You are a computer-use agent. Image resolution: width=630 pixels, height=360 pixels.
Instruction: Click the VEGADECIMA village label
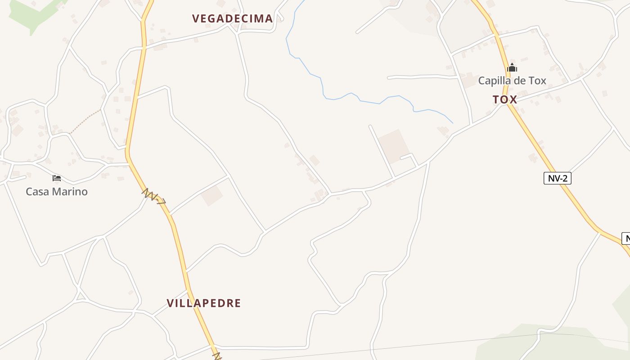pos(232,18)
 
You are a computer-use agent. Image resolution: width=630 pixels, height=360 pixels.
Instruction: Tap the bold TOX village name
pos(504,99)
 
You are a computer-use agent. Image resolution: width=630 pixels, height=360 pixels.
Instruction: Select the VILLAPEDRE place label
pos(204,303)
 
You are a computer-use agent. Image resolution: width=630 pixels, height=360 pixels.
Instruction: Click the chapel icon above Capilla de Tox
pos(512,68)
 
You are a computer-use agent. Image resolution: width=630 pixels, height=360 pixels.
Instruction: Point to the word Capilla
pos(494,81)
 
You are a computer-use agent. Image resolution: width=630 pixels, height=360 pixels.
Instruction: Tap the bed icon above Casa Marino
pos(57,178)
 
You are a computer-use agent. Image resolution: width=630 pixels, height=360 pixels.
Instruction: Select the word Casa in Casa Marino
pos(37,192)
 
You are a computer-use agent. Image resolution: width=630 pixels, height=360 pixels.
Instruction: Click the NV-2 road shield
pos(557,178)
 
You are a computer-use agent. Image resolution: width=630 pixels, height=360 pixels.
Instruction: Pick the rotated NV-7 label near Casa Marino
pos(154,197)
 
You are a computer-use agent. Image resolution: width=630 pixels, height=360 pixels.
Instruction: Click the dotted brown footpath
pos(85,120)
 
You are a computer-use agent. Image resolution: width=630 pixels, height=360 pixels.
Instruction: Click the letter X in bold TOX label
pos(513,99)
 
